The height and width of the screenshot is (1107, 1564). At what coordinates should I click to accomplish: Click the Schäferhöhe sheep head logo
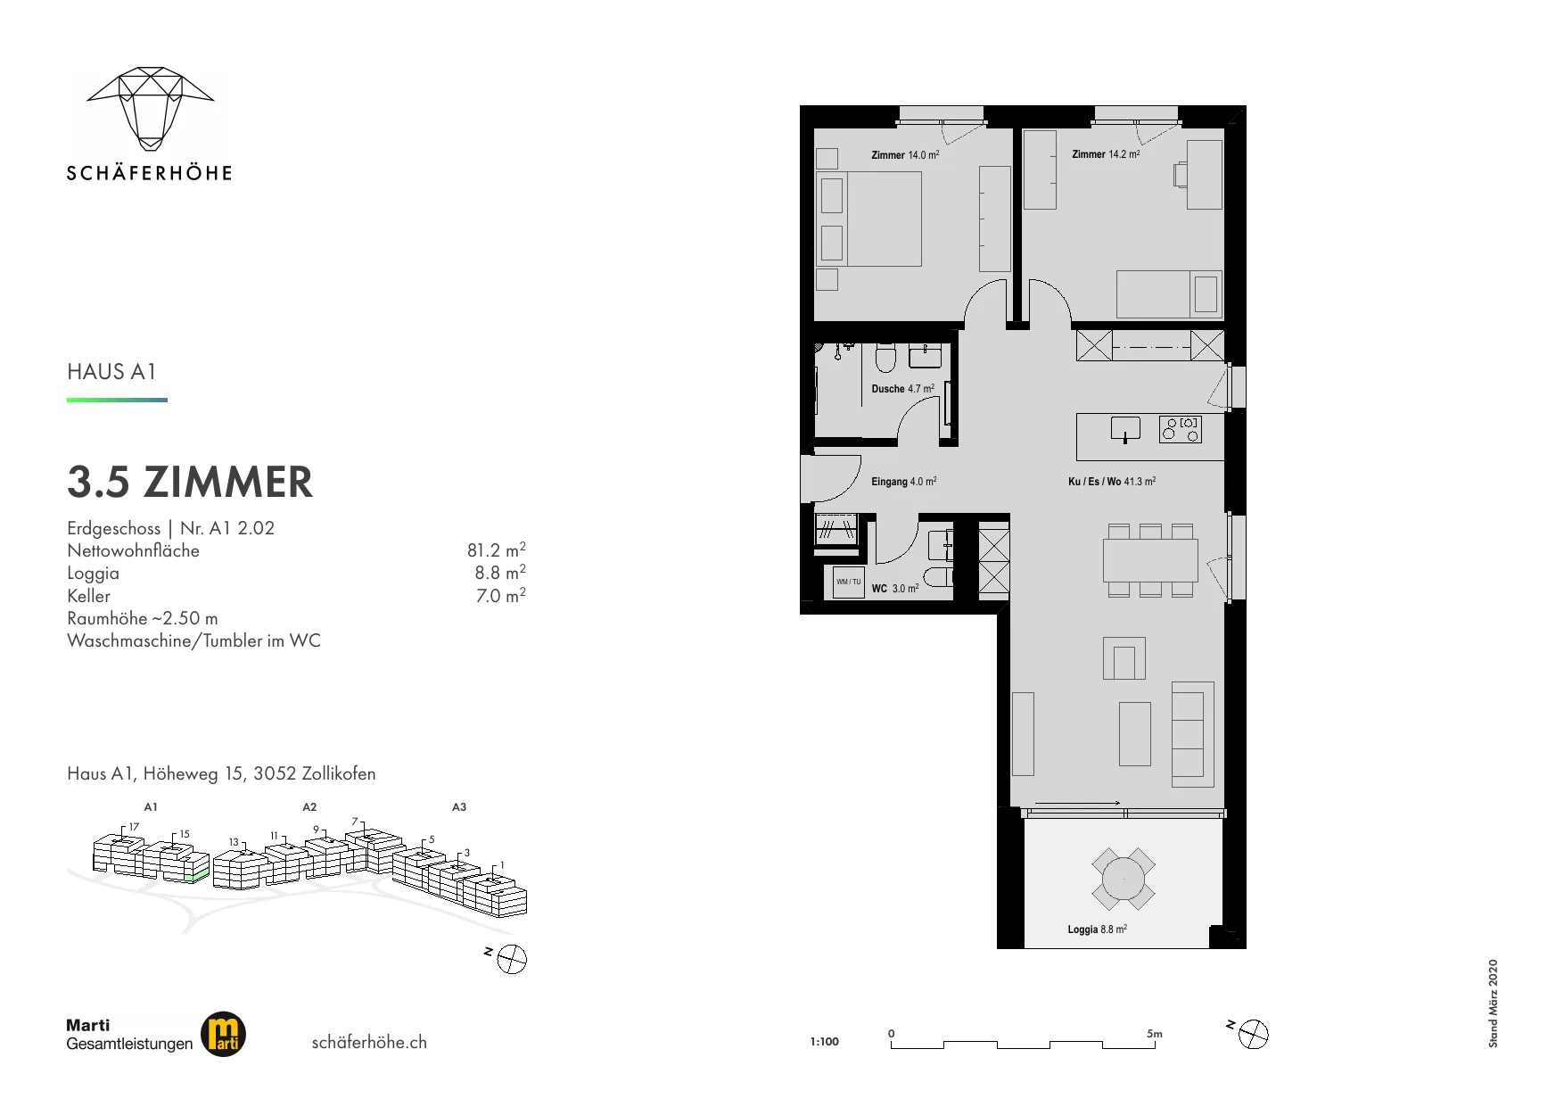tap(150, 107)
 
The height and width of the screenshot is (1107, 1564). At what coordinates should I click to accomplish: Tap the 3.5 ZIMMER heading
tap(190, 482)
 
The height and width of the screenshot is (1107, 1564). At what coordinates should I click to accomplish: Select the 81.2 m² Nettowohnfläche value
tap(497, 549)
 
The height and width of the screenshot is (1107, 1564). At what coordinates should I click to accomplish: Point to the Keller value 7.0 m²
tap(501, 595)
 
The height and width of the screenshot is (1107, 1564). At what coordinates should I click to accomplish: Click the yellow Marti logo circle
tap(223, 1035)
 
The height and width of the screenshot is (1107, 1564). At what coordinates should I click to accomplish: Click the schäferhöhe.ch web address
tap(369, 1042)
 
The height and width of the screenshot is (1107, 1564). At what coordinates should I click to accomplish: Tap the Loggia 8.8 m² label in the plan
tap(1098, 929)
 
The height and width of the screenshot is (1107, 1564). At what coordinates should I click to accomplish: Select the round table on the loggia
tap(1124, 880)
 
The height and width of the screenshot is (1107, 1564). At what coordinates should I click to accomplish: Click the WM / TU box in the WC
tap(849, 582)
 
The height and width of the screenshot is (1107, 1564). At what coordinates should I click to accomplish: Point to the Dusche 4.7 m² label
tap(903, 389)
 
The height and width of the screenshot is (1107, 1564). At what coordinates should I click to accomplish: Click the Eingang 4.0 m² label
tap(903, 482)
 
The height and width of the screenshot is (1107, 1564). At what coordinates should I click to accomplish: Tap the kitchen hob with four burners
tap(1181, 429)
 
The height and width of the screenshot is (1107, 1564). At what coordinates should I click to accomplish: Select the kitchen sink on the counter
tap(1126, 429)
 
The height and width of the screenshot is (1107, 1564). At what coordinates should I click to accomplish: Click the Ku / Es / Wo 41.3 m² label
tap(1112, 482)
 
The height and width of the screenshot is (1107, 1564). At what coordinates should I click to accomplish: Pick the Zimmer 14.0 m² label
tap(905, 155)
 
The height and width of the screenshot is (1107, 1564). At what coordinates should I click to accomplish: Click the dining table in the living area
tap(1150, 560)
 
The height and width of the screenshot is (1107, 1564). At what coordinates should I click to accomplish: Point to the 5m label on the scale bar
tap(1155, 1034)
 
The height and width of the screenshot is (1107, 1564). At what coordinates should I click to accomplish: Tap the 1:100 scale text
tap(825, 1041)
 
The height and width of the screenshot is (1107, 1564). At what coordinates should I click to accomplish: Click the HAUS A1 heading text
tap(111, 372)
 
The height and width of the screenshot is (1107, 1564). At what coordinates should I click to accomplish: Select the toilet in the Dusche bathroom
tap(885, 358)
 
